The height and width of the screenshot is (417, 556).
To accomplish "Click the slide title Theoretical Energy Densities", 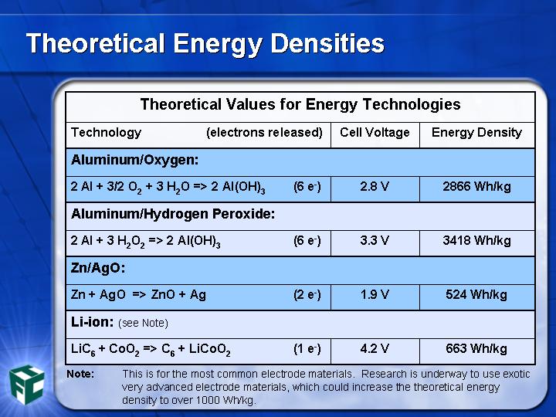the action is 205,44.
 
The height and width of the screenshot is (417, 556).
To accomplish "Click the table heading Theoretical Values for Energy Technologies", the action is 300,104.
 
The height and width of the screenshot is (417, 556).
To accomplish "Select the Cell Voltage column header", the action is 375,132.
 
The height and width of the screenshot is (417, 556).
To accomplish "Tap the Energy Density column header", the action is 476,133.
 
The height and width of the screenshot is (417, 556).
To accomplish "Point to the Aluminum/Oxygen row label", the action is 134,161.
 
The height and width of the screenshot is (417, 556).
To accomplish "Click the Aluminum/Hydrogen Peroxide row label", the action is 173,214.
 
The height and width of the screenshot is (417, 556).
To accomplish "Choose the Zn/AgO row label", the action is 98,268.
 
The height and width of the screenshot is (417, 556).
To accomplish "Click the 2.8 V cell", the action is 375,187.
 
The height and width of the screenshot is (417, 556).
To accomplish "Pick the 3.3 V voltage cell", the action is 375,240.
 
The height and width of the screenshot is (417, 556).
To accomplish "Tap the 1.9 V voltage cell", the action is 375,295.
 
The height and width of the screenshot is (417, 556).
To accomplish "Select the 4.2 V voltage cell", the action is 375,348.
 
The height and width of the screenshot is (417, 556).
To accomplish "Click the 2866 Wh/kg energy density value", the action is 476,187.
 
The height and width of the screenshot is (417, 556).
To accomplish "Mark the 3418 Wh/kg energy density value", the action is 476,241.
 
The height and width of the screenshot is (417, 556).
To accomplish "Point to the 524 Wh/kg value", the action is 476,295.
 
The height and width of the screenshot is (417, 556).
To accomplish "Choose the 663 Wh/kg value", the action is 476,349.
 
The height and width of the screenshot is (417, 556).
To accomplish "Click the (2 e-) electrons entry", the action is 307,295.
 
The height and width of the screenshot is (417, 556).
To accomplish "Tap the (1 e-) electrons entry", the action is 307,349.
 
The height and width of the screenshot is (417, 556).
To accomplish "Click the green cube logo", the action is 27,385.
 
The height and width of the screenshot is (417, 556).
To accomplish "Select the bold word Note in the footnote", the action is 80,374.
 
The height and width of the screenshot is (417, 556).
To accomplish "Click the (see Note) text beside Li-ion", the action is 144,324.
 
